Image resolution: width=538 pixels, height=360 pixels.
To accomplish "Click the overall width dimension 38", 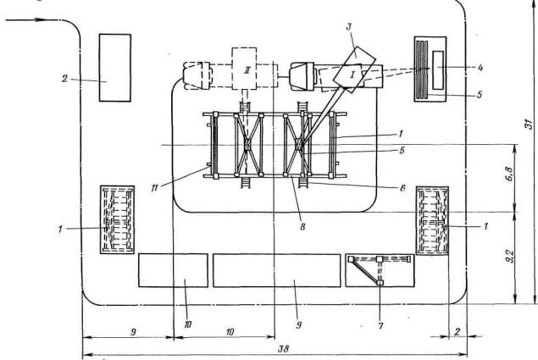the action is point(284,349).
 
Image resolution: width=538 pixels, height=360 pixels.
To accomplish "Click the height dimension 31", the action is point(530,124).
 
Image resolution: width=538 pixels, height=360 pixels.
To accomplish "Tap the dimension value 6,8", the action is point(510,174).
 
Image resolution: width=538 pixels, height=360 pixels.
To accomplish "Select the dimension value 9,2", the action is point(510,255).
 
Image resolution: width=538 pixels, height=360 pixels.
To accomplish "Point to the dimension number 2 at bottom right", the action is point(458,331).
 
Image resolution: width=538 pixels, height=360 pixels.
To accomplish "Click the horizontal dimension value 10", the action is point(230,331).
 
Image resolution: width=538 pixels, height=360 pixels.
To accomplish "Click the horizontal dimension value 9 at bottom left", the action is point(134,331).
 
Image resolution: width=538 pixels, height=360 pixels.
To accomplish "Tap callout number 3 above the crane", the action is point(349,26).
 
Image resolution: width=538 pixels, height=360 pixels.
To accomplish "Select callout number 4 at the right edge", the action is point(480,68).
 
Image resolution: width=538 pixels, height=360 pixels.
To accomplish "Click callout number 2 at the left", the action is point(65,79).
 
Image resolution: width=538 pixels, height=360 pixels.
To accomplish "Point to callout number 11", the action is point(154,188).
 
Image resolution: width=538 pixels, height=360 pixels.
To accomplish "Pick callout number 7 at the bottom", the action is point(380,325).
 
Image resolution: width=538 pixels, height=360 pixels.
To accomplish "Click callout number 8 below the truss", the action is point(302,226).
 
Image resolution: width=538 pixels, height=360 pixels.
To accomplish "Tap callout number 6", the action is point(402,188).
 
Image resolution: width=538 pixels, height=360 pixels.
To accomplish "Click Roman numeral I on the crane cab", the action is point(352,75).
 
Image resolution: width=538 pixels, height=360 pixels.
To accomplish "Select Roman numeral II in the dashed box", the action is point(247,71).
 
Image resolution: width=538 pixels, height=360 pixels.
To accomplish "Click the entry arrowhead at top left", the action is point(42,19).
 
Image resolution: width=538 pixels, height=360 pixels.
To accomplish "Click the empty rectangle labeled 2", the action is point(115,68).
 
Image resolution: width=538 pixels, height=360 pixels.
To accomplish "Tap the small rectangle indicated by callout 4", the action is point(438,70).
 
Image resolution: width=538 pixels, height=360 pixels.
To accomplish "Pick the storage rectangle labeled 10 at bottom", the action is point(173,270).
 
